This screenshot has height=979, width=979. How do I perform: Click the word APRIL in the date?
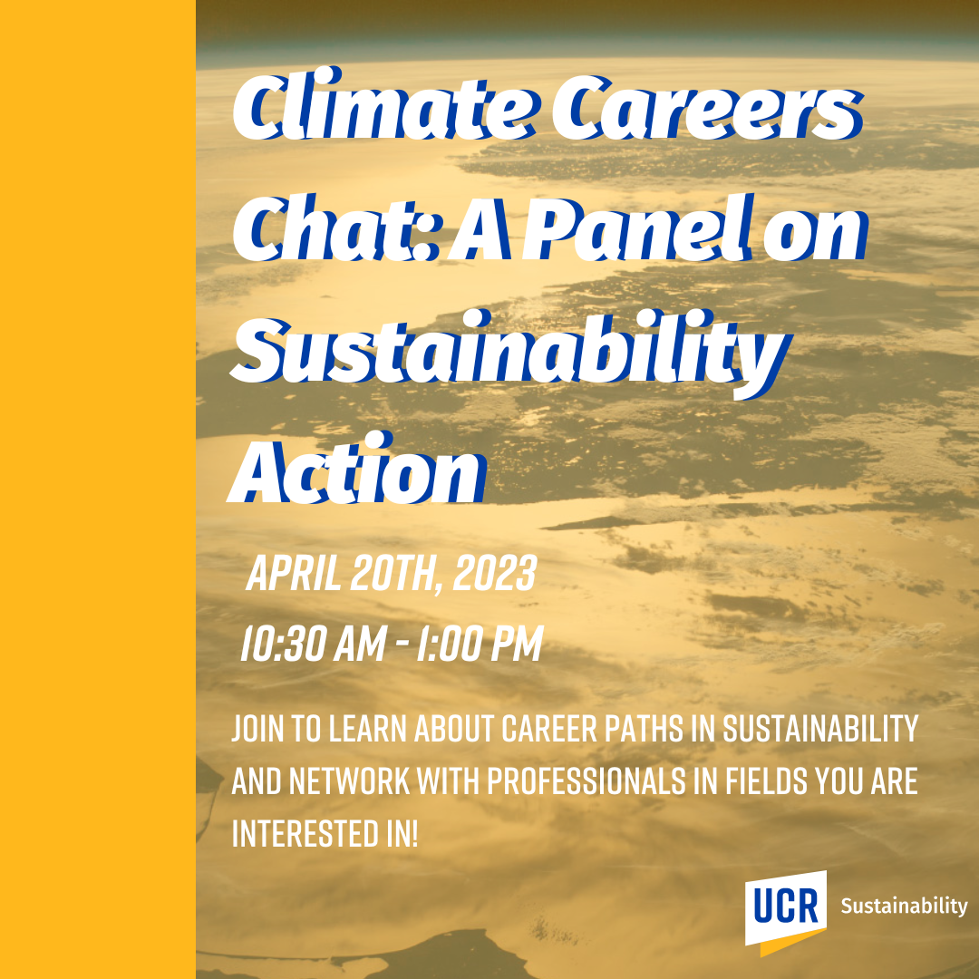click(x=294, y=575)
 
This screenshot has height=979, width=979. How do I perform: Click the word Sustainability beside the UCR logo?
click(x=904, y=906)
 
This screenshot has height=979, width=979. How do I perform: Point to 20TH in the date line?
click(x=391, y=575)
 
